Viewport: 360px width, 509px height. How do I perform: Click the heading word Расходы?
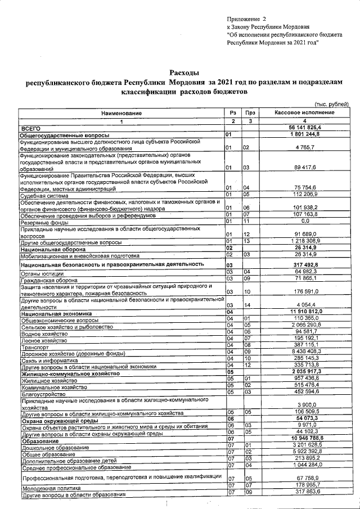point(184,73)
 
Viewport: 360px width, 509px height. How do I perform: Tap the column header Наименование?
point(121,114)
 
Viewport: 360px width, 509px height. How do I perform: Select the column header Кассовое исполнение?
point(304,114)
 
